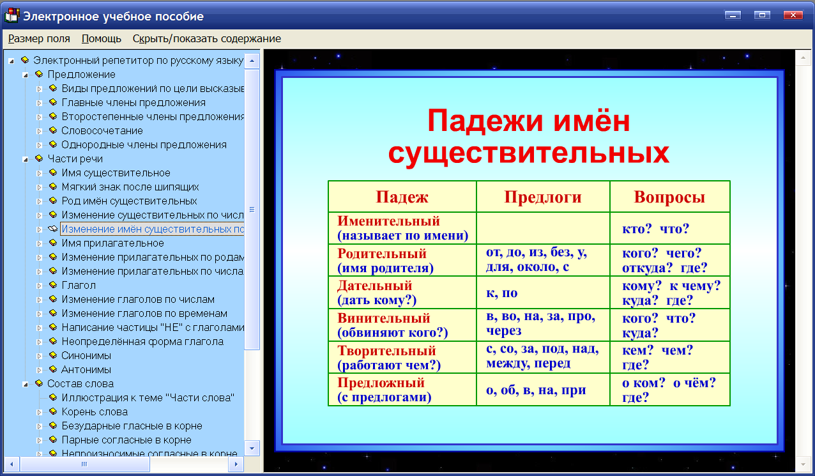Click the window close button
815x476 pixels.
coord(793,15)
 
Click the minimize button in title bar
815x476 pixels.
coord(732,15)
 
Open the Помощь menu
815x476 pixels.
coord(102,38)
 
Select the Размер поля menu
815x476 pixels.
coord(39,38)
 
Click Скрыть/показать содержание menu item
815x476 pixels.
coord(206,38)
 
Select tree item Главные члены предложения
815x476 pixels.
coord(133,102)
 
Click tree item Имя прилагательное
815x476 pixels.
coord(112,243)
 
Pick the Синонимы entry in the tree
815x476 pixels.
coord(86,355)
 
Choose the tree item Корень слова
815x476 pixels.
coord(95,411)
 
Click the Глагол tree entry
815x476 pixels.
coord(79,285)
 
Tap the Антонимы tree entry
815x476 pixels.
coord(86,369)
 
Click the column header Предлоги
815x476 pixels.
coord(543,197)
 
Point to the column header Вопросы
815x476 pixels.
coord(669,197)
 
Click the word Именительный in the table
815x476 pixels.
coord(389,221)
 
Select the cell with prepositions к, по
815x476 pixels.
coord(502,293)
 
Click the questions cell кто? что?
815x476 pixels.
coord(656,229)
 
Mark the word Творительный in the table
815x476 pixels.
coord(386,351)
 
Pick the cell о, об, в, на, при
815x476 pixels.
coord(536,390)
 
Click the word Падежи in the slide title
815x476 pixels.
coord(478,121)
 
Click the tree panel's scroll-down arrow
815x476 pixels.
coord(252,448)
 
